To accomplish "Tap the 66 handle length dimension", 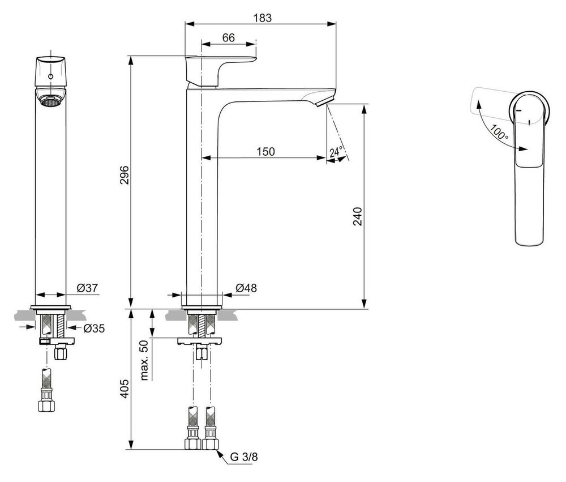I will (229, 38).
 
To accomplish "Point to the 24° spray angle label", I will (336, 152).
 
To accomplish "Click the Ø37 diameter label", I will (88, 288).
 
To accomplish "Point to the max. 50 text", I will (144, 360).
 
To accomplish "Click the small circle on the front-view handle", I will (51, 76).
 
